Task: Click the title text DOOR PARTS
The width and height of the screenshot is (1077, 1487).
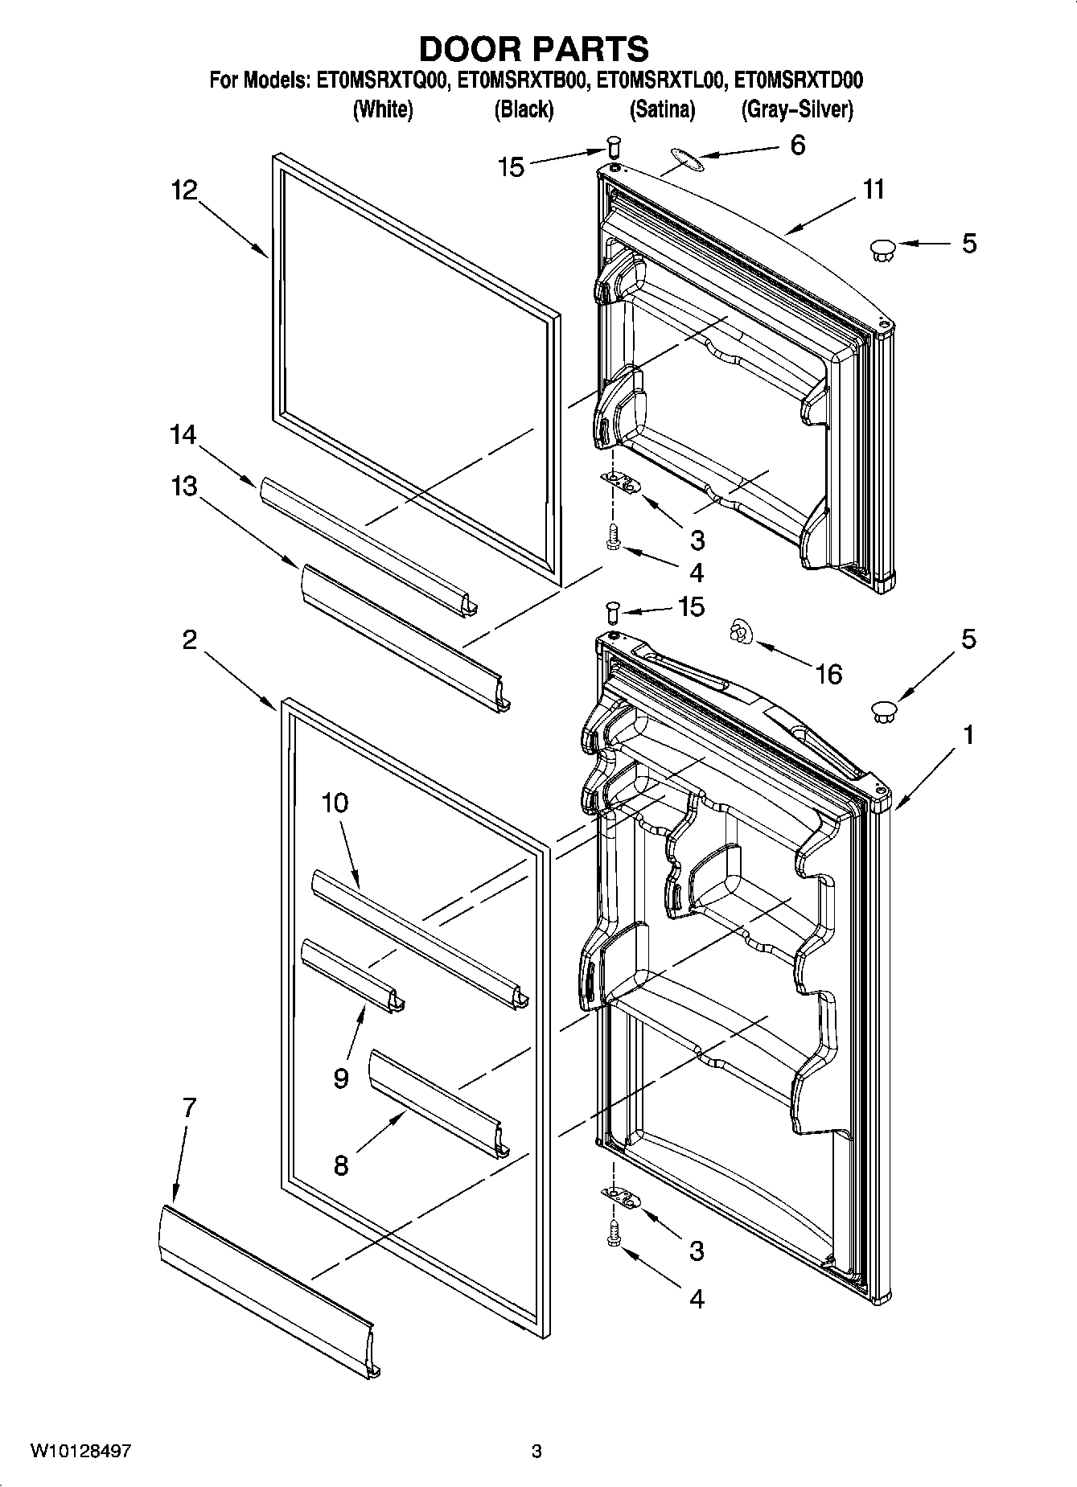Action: coord(534,49)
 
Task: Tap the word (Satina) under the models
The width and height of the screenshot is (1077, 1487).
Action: coord(662,109)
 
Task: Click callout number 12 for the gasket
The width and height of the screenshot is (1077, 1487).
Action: coord(184,190)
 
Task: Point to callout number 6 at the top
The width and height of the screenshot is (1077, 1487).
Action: coord(797,146)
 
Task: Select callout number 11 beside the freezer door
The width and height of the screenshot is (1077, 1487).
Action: coord(874,190)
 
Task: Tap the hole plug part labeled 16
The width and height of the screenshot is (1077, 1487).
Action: coord(739,634)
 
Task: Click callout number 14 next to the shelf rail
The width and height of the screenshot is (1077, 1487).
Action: coord(183,435)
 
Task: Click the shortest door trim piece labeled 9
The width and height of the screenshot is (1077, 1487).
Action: coord(352,976)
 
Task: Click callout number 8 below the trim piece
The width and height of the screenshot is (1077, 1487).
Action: coord(341,1165)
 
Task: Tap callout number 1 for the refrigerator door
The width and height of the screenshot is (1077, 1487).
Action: coord(968,734)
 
